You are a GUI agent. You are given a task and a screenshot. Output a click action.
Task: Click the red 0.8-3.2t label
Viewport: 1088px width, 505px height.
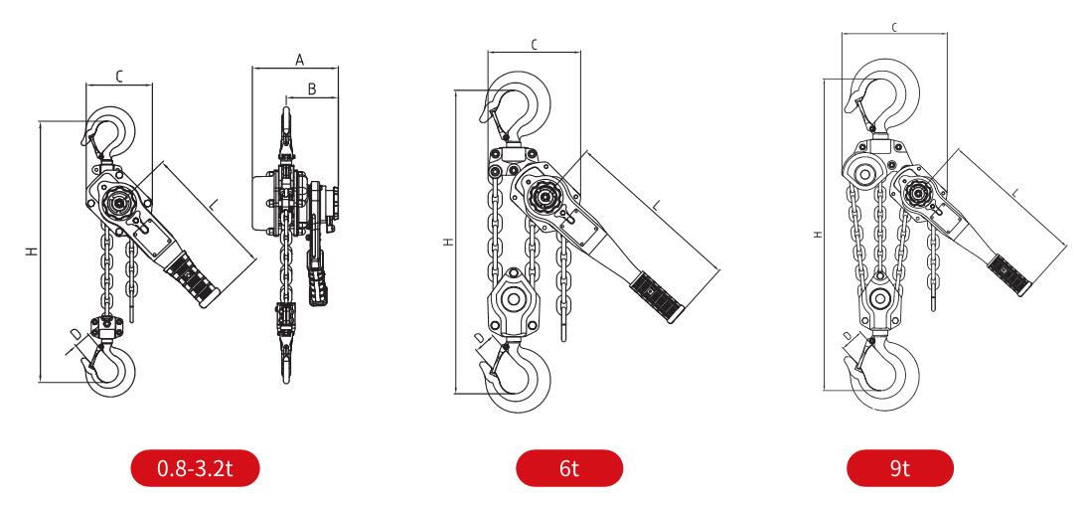195,467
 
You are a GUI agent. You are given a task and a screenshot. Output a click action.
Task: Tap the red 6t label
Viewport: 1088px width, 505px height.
569,467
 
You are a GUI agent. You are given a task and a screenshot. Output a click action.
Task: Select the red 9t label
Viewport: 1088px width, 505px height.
899,467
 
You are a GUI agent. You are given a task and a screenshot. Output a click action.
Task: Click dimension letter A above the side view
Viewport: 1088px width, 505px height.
300,60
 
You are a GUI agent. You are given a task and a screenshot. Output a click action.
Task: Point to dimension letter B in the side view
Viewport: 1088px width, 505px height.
312,88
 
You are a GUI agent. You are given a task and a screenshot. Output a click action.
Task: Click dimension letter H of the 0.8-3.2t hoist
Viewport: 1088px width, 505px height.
32,252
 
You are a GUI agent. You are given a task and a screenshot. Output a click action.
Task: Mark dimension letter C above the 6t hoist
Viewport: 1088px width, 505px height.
535,45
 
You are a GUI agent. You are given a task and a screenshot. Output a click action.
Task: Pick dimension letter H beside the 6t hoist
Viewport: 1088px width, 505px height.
448,242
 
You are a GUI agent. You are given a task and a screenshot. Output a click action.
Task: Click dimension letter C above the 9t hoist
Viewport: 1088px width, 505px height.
895,27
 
